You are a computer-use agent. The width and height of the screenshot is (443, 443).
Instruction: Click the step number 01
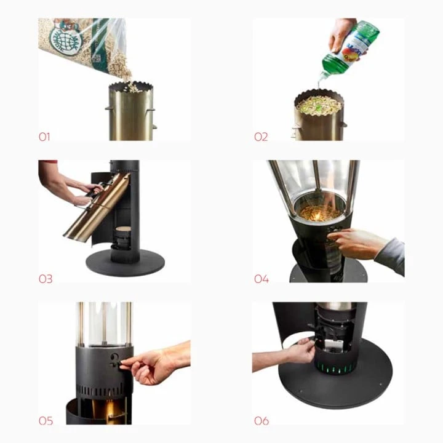point(44,137)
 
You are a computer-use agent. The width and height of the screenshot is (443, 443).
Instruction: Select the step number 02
point(261,137)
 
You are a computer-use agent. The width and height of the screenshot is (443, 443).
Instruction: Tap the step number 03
point(46,279)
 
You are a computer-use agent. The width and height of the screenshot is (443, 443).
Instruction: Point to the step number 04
point(261,279)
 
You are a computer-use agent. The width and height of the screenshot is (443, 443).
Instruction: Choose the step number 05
point(46,421)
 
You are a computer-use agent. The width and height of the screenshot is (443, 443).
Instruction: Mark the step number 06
point(261,421)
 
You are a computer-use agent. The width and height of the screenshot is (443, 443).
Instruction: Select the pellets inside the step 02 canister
point(318,105)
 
